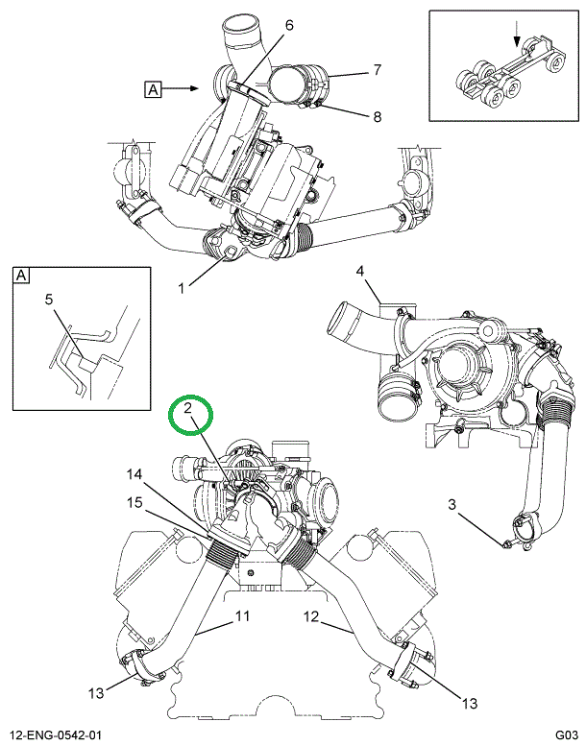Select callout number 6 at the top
click(x=288, y=26)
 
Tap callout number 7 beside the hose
click(x=378, y=69)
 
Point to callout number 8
click(x=377, y=116)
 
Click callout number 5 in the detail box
click(x=49, y=299)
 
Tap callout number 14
click(x=134, y=474)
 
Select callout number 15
click(x=134, y=501)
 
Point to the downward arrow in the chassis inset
click(x=517, y=34)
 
